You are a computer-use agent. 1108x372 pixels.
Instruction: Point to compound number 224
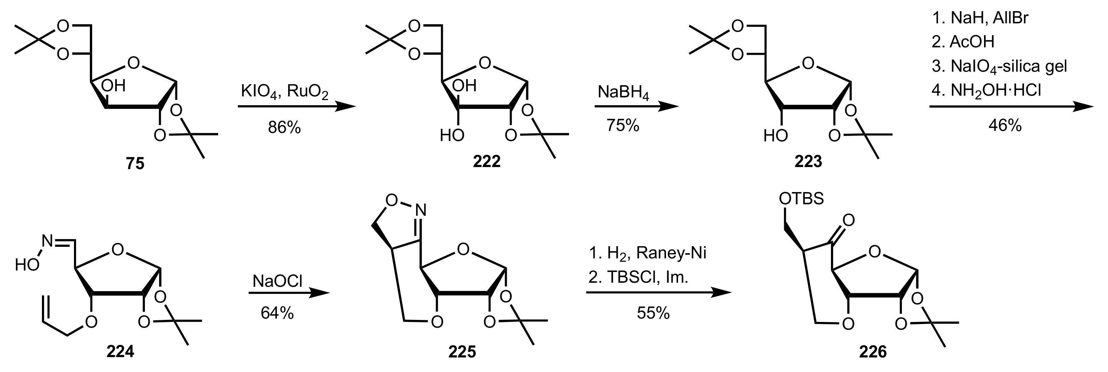120,352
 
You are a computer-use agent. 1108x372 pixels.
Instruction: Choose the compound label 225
462,352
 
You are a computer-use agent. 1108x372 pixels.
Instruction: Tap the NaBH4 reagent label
623,93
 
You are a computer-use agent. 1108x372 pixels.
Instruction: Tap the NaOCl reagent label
277,281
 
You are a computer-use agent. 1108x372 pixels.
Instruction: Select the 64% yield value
277,313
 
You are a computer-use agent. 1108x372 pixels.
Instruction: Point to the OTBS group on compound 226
801,199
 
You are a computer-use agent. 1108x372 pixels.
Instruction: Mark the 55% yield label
653,313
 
